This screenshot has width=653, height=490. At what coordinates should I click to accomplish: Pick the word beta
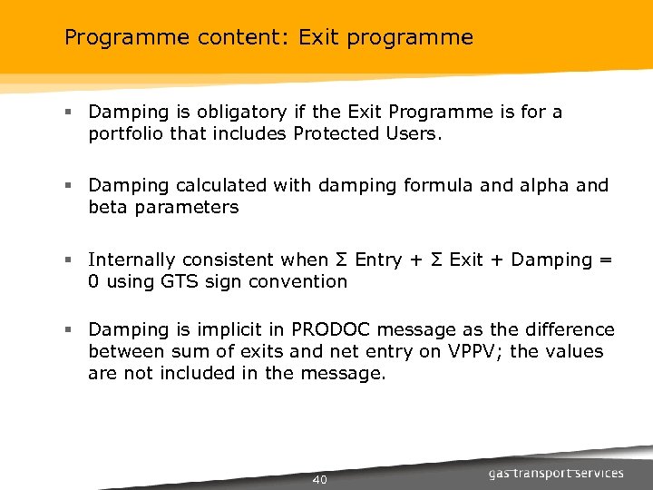[x=108, y=207]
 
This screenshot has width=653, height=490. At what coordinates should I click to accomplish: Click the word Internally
[x=132, y=260]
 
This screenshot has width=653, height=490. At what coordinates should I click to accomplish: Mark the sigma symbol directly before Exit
[x=436, y=260]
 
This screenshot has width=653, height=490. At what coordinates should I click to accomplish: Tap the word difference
[x=566, y=330]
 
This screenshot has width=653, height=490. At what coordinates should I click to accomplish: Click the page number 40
[x=319, y=479]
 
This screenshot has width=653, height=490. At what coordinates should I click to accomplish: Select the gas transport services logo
[x=556, y=473]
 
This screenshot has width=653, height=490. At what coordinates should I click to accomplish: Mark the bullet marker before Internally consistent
[x=68, y=260]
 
